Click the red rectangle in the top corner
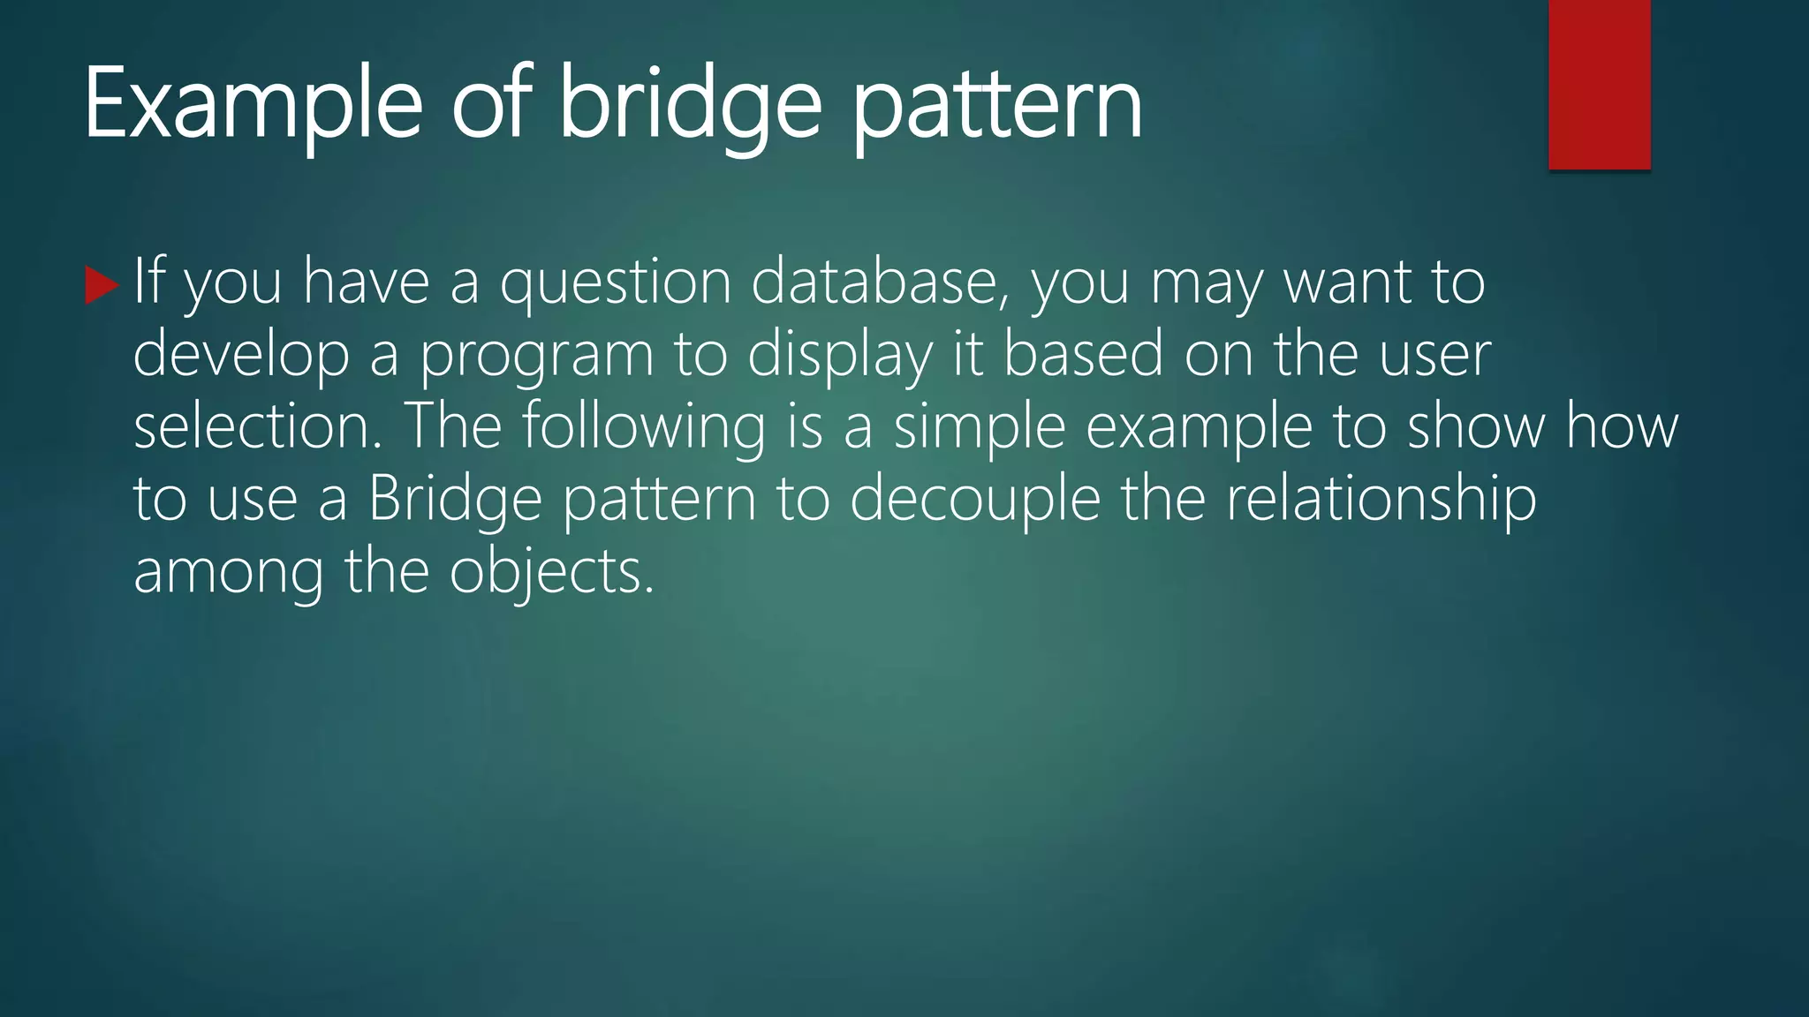1599,85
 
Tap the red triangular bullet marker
101,286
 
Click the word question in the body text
615,282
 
